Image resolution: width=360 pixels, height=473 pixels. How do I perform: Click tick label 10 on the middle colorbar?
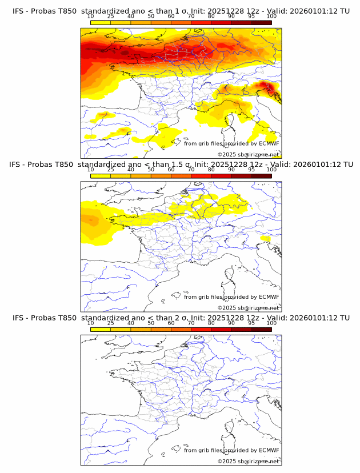pyautogui.click(x=90, y=170)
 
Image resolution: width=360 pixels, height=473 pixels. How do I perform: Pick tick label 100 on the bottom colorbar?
pyautogui.click(x=271, y=323)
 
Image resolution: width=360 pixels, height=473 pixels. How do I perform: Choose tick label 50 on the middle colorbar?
pyautogui.click(x=151, y=170)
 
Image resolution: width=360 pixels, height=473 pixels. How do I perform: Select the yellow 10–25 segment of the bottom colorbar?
pyautogui.click(x=101, y=329)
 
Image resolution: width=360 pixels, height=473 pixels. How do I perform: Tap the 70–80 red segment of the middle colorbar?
pyautogui.click(x=201, y=176)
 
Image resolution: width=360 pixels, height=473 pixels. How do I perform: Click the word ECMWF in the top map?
pyautogui.click(x=269, y=143)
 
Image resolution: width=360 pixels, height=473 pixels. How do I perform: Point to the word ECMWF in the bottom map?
pyautogui.click(x=269, y=450)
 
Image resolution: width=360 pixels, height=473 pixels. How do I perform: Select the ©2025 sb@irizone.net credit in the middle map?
pyautogui.click(x=248, y=308)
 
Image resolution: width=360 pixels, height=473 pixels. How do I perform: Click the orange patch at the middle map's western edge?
pyautogui.click(x=89, y=219)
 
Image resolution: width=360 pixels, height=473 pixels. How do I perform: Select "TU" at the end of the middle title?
pyautogui.click(x=344, y=165)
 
